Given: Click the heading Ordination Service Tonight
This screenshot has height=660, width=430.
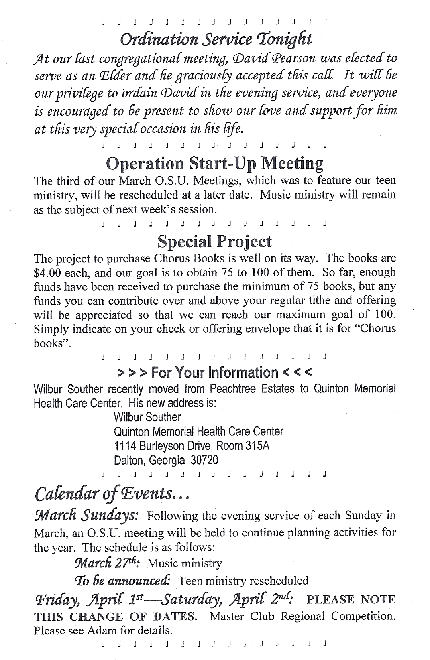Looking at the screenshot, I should (x=216, y=39).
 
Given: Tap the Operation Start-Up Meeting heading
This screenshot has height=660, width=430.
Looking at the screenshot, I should (x=214, y=163).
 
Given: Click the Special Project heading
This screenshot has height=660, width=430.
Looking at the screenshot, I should (x=214, y=242).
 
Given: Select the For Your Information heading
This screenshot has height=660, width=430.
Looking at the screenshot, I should (x=214, y=373).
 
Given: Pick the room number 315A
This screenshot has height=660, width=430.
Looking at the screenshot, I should (x=257, y=446).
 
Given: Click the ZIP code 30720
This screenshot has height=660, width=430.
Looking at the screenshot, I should (x=204, y=460).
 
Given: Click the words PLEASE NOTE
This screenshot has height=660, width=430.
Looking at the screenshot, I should (x=351, y=599).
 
